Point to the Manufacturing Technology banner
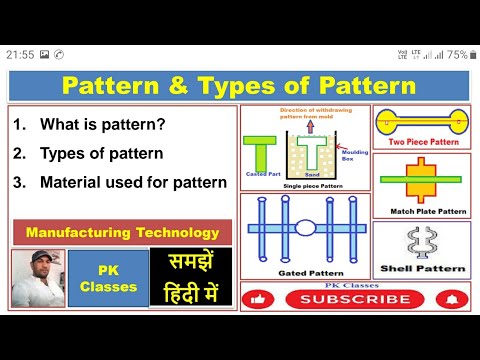click(122, 232)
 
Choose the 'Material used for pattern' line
click(134, 183)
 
